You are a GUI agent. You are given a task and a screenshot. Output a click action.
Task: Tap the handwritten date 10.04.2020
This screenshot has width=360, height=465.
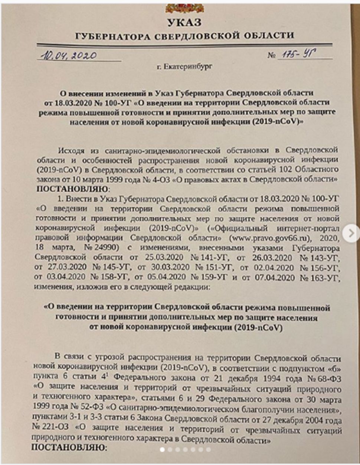click(x=69, y=56)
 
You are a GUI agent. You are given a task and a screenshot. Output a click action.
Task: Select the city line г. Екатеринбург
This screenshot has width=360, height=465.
click(x=184, y=66)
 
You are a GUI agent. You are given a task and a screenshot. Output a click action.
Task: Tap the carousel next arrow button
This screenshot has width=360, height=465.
click(x=350, y=233)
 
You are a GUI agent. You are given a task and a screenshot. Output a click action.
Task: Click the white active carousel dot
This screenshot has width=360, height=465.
click(x=162, y=449)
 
